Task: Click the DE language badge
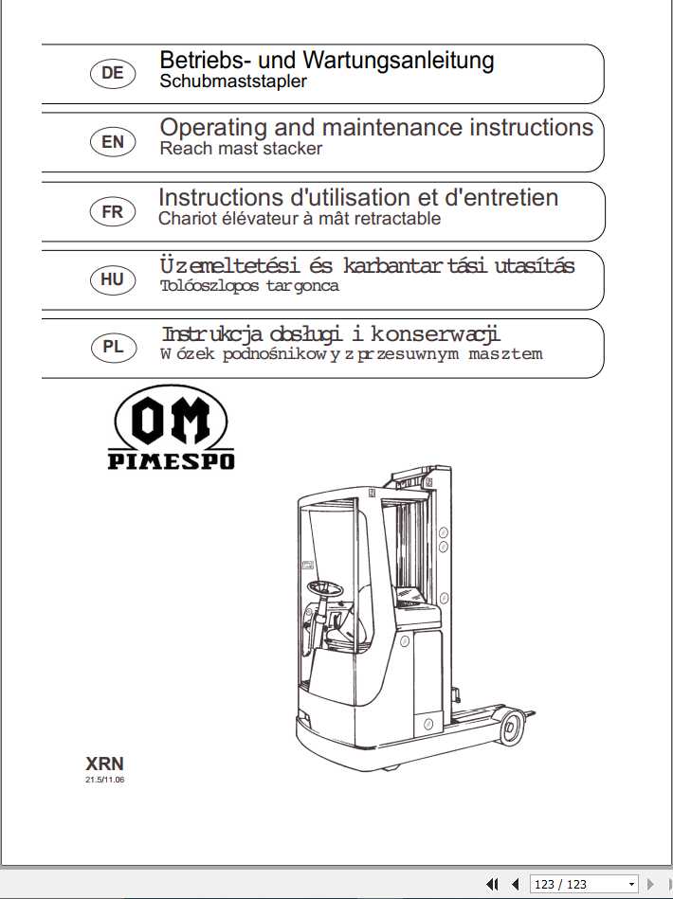pyautogui.click(x=112, y=73)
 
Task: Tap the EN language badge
pyautogui.click(x=112, y=142)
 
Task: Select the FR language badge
pyautogui.click(x=112, y=211)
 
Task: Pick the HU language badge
pyautogui.click(x=112, y=279)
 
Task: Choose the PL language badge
pyautogui.click(x=112, y=347)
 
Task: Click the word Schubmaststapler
pyautogui.click(x=233, y=81)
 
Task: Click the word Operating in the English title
pyautogui.click(x=213, y=128)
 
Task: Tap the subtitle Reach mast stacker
pyautogui.click(x=241, y=149)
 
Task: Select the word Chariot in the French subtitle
pyautogui.click(x=189, y=219)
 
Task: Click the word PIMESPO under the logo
pyautogui.click(x=171, y=462)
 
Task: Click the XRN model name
pyautogui.click(x=104, y=764)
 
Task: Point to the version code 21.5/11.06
pyautogui.click(x=105, y=781)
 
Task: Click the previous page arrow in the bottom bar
pyautogui.click(x=515, y=884)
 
